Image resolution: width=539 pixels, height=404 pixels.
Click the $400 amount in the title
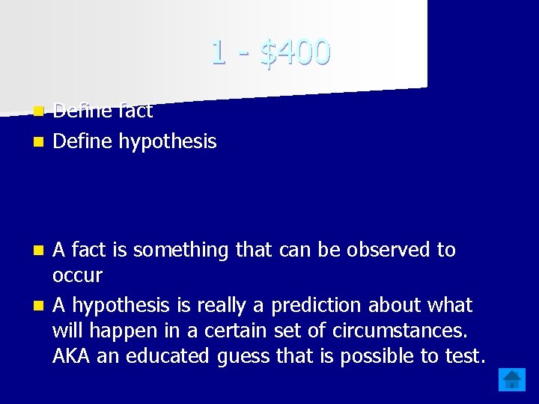pos(295,52)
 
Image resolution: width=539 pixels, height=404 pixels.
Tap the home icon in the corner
pos(513,379)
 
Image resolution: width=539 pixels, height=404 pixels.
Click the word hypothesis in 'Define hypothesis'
pos(168,141)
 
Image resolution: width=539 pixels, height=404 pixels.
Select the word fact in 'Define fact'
pos(136,111)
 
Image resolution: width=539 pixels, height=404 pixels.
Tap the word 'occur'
pos(77,276)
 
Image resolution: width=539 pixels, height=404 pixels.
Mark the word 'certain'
pos(266,331)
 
